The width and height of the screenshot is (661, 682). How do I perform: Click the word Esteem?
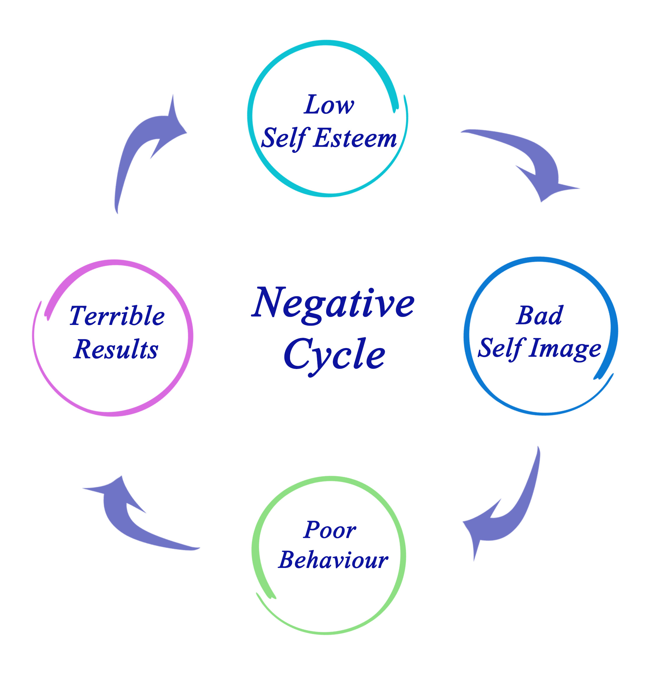355,139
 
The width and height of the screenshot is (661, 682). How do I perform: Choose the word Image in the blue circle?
565,349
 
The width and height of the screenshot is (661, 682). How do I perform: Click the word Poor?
329,530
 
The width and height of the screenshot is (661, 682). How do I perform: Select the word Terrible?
117,316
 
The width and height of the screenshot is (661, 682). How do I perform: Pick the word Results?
116,349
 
